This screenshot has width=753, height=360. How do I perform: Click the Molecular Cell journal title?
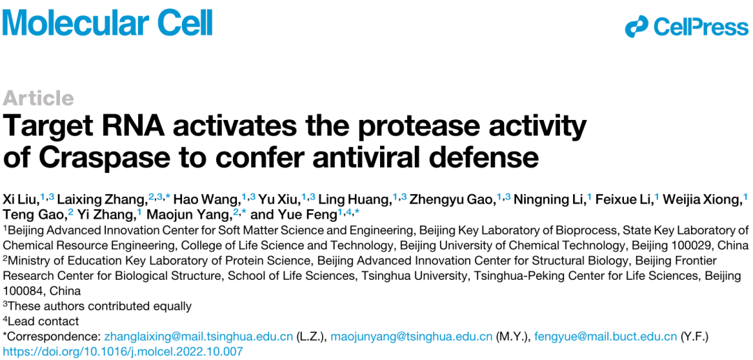click(x=107, y=21)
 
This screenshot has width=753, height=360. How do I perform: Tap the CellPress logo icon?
click(x=637, y=27)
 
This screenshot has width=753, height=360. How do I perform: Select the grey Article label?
click(x=38, y=98)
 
